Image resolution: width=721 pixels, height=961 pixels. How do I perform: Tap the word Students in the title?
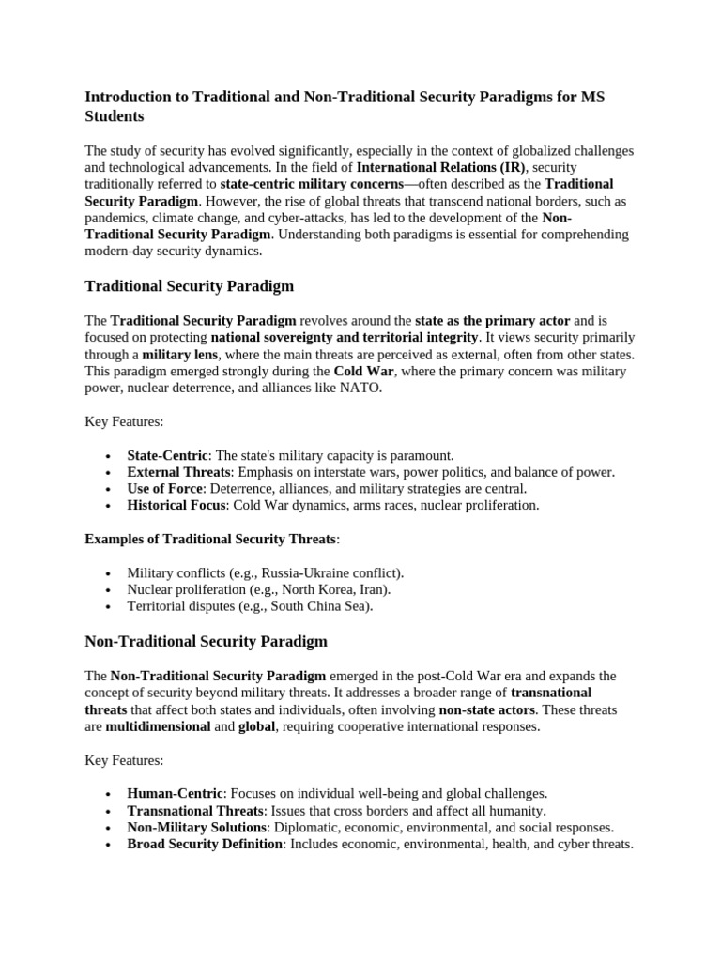(x=115, y=116)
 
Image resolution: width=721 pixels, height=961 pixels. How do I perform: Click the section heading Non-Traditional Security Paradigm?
(x=206, y=641)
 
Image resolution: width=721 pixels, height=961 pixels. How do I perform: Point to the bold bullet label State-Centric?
(x=167, y=455)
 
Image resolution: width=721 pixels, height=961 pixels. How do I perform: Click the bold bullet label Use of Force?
(x=165, y=489)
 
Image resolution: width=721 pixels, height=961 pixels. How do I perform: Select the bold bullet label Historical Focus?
(x=176, y=506)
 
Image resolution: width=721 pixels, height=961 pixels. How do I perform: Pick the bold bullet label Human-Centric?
(x=175, y=793)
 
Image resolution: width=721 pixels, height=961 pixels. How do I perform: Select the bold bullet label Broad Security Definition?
(x=205, y=844)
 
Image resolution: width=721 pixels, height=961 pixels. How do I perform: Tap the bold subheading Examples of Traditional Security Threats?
(x=210, y=539)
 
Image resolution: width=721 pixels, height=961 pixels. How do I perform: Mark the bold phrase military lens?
(x=179, y=354)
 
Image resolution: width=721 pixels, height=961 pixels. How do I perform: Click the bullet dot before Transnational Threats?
(x=110, y=811)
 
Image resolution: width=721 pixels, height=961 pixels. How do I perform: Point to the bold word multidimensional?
(x=158, y=726)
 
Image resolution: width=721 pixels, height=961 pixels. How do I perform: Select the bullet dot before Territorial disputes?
(x=110, y=607)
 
